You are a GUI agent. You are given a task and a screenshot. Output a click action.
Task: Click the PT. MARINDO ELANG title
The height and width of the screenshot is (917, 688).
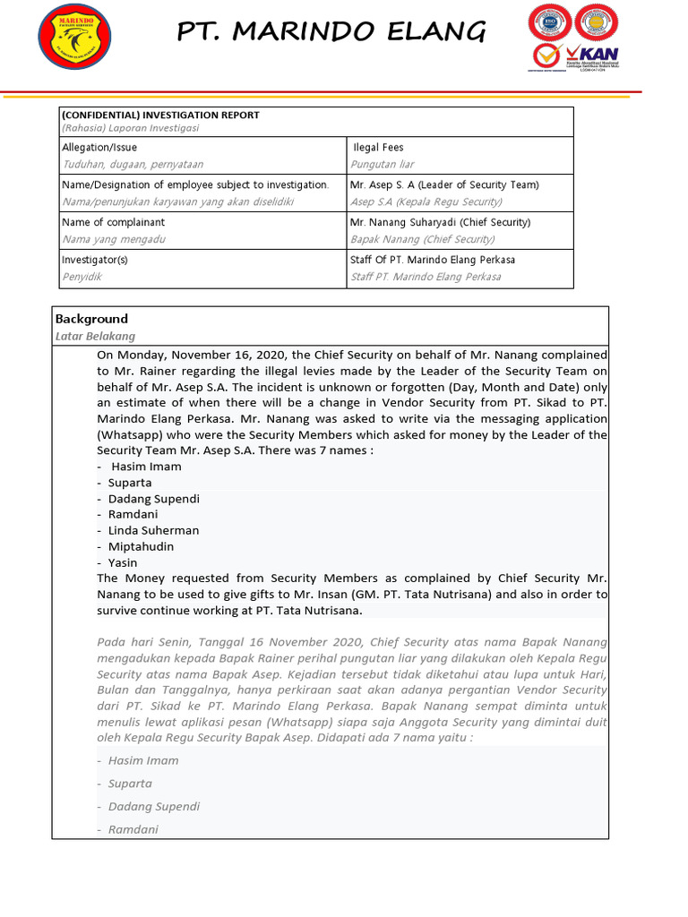click(x=331, y=32)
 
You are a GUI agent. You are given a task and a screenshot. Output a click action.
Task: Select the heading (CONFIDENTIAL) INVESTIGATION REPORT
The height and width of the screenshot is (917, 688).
click(x=160, y=115)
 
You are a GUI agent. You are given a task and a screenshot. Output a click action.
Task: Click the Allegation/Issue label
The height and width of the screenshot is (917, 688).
click(x=99, y=147)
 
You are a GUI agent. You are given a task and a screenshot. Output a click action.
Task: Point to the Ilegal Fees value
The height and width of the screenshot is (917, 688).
click(x=378, y=147)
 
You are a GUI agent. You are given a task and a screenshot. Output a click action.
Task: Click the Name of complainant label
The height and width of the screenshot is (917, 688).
click(x=113, y=222)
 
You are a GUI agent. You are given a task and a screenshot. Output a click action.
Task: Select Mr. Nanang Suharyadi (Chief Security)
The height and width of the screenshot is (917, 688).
click(x=441, y=222)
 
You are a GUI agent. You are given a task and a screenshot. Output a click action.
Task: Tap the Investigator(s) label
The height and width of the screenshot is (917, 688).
click(x=95, y=260)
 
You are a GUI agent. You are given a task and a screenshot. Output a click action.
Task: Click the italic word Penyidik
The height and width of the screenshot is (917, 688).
click(x=82, y=277)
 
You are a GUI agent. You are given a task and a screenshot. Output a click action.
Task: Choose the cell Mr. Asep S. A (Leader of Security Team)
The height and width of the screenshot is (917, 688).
click(x=444, y=184)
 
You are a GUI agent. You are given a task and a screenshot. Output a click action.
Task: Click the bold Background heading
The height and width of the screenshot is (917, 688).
click(x=91, y=319)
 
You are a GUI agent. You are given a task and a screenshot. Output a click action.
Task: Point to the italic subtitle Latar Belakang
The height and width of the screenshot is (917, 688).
click(x=95, y=336)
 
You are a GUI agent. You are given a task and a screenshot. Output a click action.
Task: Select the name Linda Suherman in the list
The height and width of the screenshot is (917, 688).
click(x=154, y=530)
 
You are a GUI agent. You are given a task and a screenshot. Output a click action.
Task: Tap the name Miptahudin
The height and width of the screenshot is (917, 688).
click(x=141, y=546)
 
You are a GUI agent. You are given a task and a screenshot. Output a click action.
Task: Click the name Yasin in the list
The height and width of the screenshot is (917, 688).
click(x=123, y=562)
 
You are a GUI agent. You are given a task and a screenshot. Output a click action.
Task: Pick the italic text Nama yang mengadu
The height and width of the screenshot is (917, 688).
click(x=114, y=239)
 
